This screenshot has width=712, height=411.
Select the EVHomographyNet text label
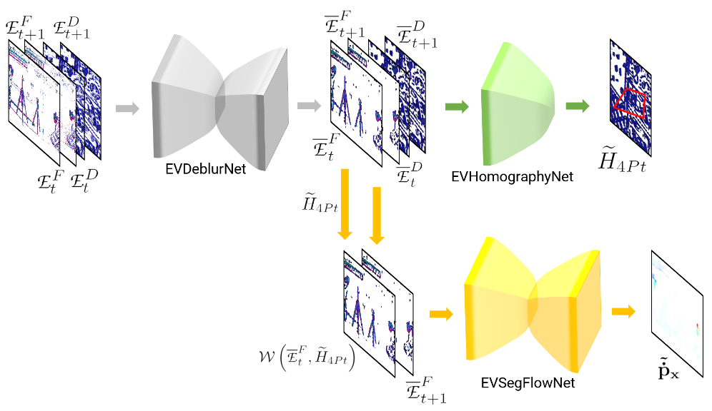tap(513, 176)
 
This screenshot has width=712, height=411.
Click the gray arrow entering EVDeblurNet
tap(127, 108)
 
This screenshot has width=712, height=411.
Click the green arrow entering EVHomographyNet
tap(456, 107)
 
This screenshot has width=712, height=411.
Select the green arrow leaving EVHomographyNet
tap(576, 106)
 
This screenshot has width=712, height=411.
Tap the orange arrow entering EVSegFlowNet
tap(441, 313)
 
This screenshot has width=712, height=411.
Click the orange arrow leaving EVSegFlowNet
tap(623, 311)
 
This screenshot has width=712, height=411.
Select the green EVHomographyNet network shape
tap(518, 103)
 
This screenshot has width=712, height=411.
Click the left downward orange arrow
tap(345, 204)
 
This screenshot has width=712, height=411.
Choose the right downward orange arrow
tap(377, 215)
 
